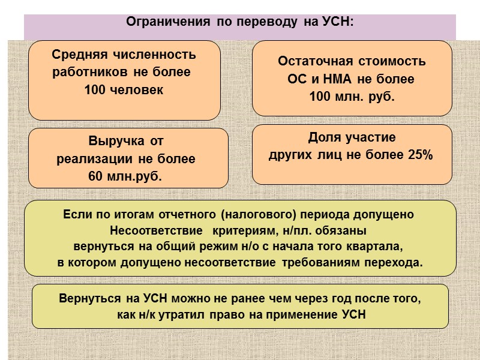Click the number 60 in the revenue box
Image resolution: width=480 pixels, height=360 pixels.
[x=95, y=176]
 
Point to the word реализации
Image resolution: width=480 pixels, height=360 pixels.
[x=96, y=160]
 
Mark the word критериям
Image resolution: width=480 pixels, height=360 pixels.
[x=247, y=230]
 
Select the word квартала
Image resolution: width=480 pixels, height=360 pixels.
[x=377, y=246]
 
